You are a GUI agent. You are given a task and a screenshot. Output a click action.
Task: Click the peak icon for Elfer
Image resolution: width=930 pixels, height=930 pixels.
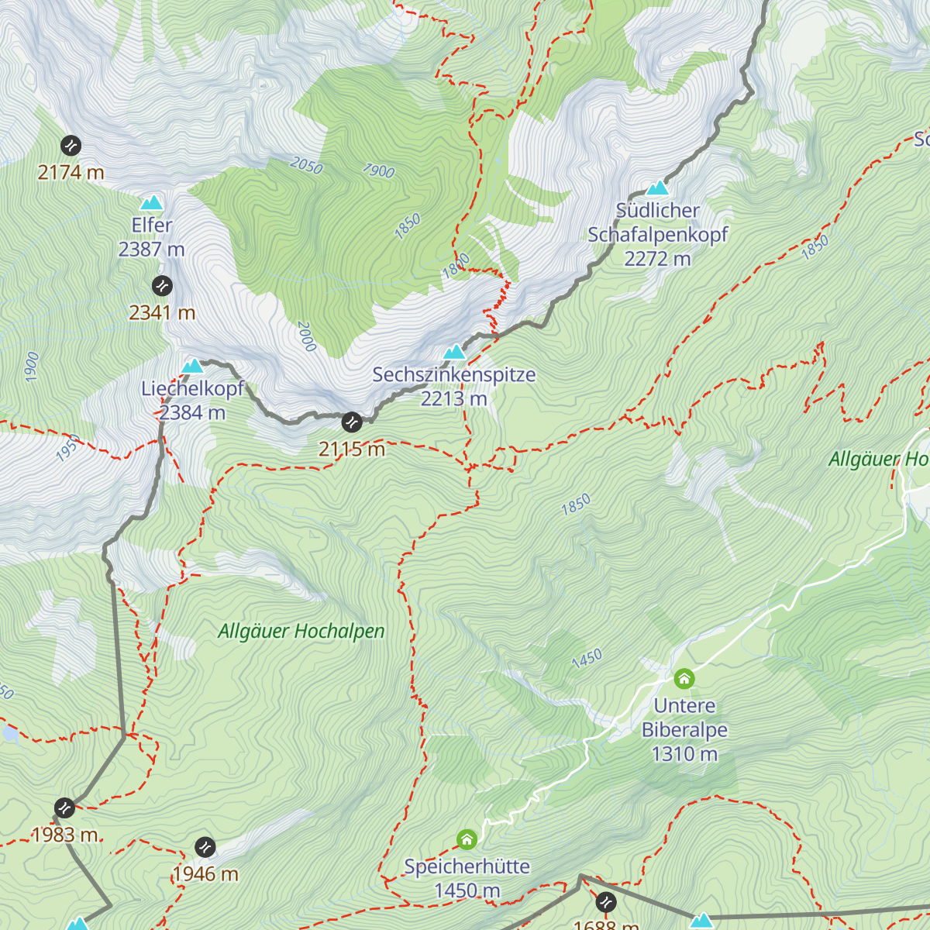(x=151, y=203)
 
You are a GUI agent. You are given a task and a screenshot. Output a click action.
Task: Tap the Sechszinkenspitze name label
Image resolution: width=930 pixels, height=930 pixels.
(x=454, y=375)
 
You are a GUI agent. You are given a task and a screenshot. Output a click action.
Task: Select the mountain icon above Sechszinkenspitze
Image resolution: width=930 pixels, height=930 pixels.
(x=454, y=353)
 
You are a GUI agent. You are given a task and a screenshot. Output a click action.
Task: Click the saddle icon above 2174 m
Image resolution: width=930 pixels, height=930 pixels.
(x=71, y=145)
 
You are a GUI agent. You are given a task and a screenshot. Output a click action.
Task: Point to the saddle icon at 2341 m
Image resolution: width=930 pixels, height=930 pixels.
(x=162, y=286)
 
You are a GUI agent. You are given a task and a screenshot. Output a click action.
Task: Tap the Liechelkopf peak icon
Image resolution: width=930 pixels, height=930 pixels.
(x=192, y=366)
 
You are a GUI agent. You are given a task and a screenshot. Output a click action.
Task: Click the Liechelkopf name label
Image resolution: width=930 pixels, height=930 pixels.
(x=192, y=389)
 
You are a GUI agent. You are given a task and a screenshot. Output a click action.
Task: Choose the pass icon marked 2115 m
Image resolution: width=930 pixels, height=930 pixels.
(x=352, y=422)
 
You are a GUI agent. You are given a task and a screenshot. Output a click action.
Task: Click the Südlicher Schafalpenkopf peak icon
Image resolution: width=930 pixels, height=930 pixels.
(x=657, y=188)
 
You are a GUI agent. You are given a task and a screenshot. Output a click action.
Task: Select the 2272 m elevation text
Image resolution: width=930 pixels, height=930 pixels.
(x=657, y=259)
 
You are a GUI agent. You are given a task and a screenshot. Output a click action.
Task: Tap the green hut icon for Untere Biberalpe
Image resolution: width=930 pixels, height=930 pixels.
(x=684, y=679)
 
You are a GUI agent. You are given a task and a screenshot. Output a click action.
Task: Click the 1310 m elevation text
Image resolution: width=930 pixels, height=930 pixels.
(x=684, y=754)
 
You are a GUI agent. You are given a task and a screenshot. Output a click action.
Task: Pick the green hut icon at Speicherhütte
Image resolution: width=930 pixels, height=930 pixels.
(x=467, y=839)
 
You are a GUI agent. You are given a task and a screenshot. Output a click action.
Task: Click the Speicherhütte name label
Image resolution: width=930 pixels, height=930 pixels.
(x=467, y=866)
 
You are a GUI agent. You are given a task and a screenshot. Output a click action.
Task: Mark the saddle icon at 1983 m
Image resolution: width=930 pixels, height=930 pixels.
(x=64, y=808)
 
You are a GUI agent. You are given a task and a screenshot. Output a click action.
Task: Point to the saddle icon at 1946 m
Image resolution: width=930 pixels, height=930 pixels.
(x=205, y=847)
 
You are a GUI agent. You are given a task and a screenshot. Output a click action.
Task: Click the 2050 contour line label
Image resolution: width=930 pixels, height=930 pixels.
(x=306, y=165)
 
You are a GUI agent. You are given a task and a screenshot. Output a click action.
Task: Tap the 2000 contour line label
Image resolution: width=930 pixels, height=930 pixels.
(x=306, y=336)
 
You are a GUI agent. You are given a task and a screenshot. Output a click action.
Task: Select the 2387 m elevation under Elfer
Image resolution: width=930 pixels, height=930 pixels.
(x=151, y=250)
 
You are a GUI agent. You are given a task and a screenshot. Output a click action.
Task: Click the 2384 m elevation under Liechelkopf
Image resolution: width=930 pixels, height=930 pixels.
(x=192, y=413)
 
